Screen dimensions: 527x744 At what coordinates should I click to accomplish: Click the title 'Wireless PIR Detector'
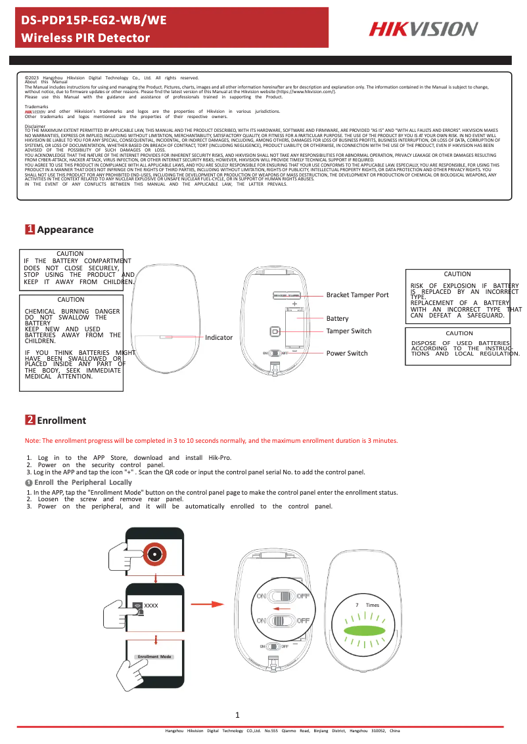[x=86, y=38]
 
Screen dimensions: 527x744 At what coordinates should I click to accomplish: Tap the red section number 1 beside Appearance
[x=30, y=230]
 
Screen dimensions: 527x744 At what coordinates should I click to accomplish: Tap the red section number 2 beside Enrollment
[x=30, y=420]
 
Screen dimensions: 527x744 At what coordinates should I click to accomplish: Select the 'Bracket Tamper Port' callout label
[x=357, y=295]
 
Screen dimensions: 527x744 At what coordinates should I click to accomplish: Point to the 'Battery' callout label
[x=337, y=318]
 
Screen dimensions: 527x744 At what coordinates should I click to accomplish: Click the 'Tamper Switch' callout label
[x=349, y=331]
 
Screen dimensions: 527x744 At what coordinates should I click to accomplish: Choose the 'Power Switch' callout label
[x=347, y=354]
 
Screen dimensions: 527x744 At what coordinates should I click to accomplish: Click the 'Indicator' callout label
[x=219, y=337]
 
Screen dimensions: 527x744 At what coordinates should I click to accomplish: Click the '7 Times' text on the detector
[x=367, y=605]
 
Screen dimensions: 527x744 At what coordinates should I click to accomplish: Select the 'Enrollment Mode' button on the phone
[x=154, y=656]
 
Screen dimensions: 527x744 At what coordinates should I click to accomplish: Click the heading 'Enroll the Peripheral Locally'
[x=83, y=482]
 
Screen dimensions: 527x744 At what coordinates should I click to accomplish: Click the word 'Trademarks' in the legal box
[x=36, y=106]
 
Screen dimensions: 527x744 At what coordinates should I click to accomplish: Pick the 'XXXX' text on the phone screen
[x=151, y=605]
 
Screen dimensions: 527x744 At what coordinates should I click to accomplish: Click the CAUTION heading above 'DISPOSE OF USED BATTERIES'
[x=459, y=333]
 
